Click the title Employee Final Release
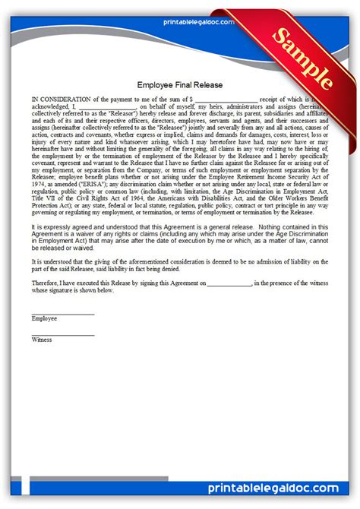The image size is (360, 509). click(x=180, y=85)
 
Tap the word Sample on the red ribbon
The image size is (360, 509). click(x=302, y=60)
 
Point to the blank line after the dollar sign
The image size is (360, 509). click(x=226, y=100)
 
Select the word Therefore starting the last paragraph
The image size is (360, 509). click(x=45, y=283)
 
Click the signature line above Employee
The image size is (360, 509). click(x=63, y=313)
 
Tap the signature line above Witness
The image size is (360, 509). click(x=63, y=334)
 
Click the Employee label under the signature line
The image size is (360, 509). click(x=44, y=319)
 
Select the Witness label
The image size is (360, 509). click(x=43, y=340)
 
